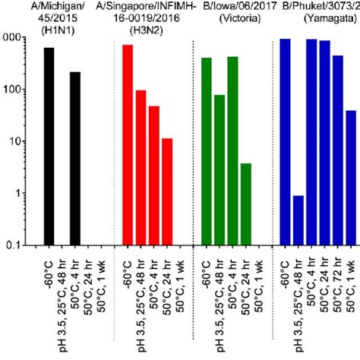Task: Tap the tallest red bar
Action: (x=128, y=144)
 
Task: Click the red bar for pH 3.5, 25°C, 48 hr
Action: (x=141, y=167)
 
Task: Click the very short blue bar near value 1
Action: (x=298, y=220)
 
